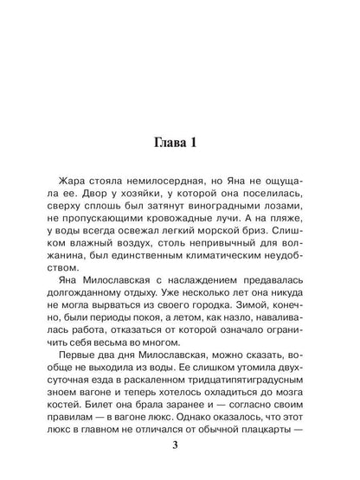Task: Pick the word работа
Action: click(x=110, y=372)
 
